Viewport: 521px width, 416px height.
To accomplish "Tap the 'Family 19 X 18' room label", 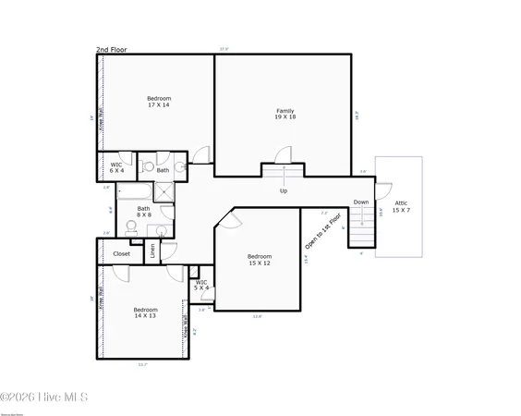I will (x=285, y=115).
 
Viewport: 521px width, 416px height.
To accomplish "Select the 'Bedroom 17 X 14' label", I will (x=158, y=102).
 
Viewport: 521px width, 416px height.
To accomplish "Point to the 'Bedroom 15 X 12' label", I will (x=259, y=260).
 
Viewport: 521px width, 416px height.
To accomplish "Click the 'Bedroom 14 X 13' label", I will (x=145, y=313).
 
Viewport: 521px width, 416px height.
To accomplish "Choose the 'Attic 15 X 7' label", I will (x=401, y=205).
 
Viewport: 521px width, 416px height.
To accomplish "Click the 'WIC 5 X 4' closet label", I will (x=201, y=285).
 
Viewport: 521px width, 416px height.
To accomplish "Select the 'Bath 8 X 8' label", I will (x=144, y=212).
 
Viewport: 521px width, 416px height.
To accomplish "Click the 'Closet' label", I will (x=121, y=253).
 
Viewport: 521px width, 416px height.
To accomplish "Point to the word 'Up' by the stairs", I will (x=284, y=191).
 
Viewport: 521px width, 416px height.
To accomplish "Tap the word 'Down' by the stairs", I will (x=360, y=202).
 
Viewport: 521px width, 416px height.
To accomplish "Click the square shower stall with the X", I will (x=164, y=190).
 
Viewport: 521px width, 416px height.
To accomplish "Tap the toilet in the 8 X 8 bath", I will (x=159, y=231).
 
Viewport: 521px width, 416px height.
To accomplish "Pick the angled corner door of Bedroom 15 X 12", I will (x=231, y=219).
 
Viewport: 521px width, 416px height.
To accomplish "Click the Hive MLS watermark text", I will (x=43, y=398).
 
